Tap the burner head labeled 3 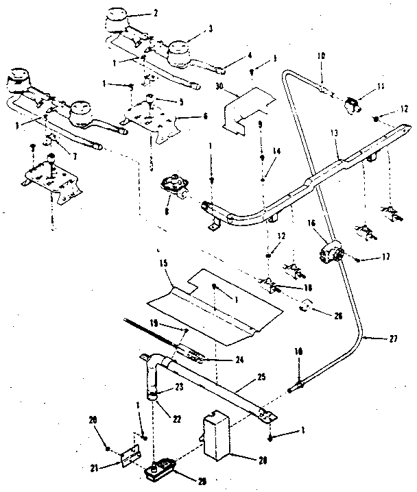click(180, 51)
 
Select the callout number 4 click(230, 55)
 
